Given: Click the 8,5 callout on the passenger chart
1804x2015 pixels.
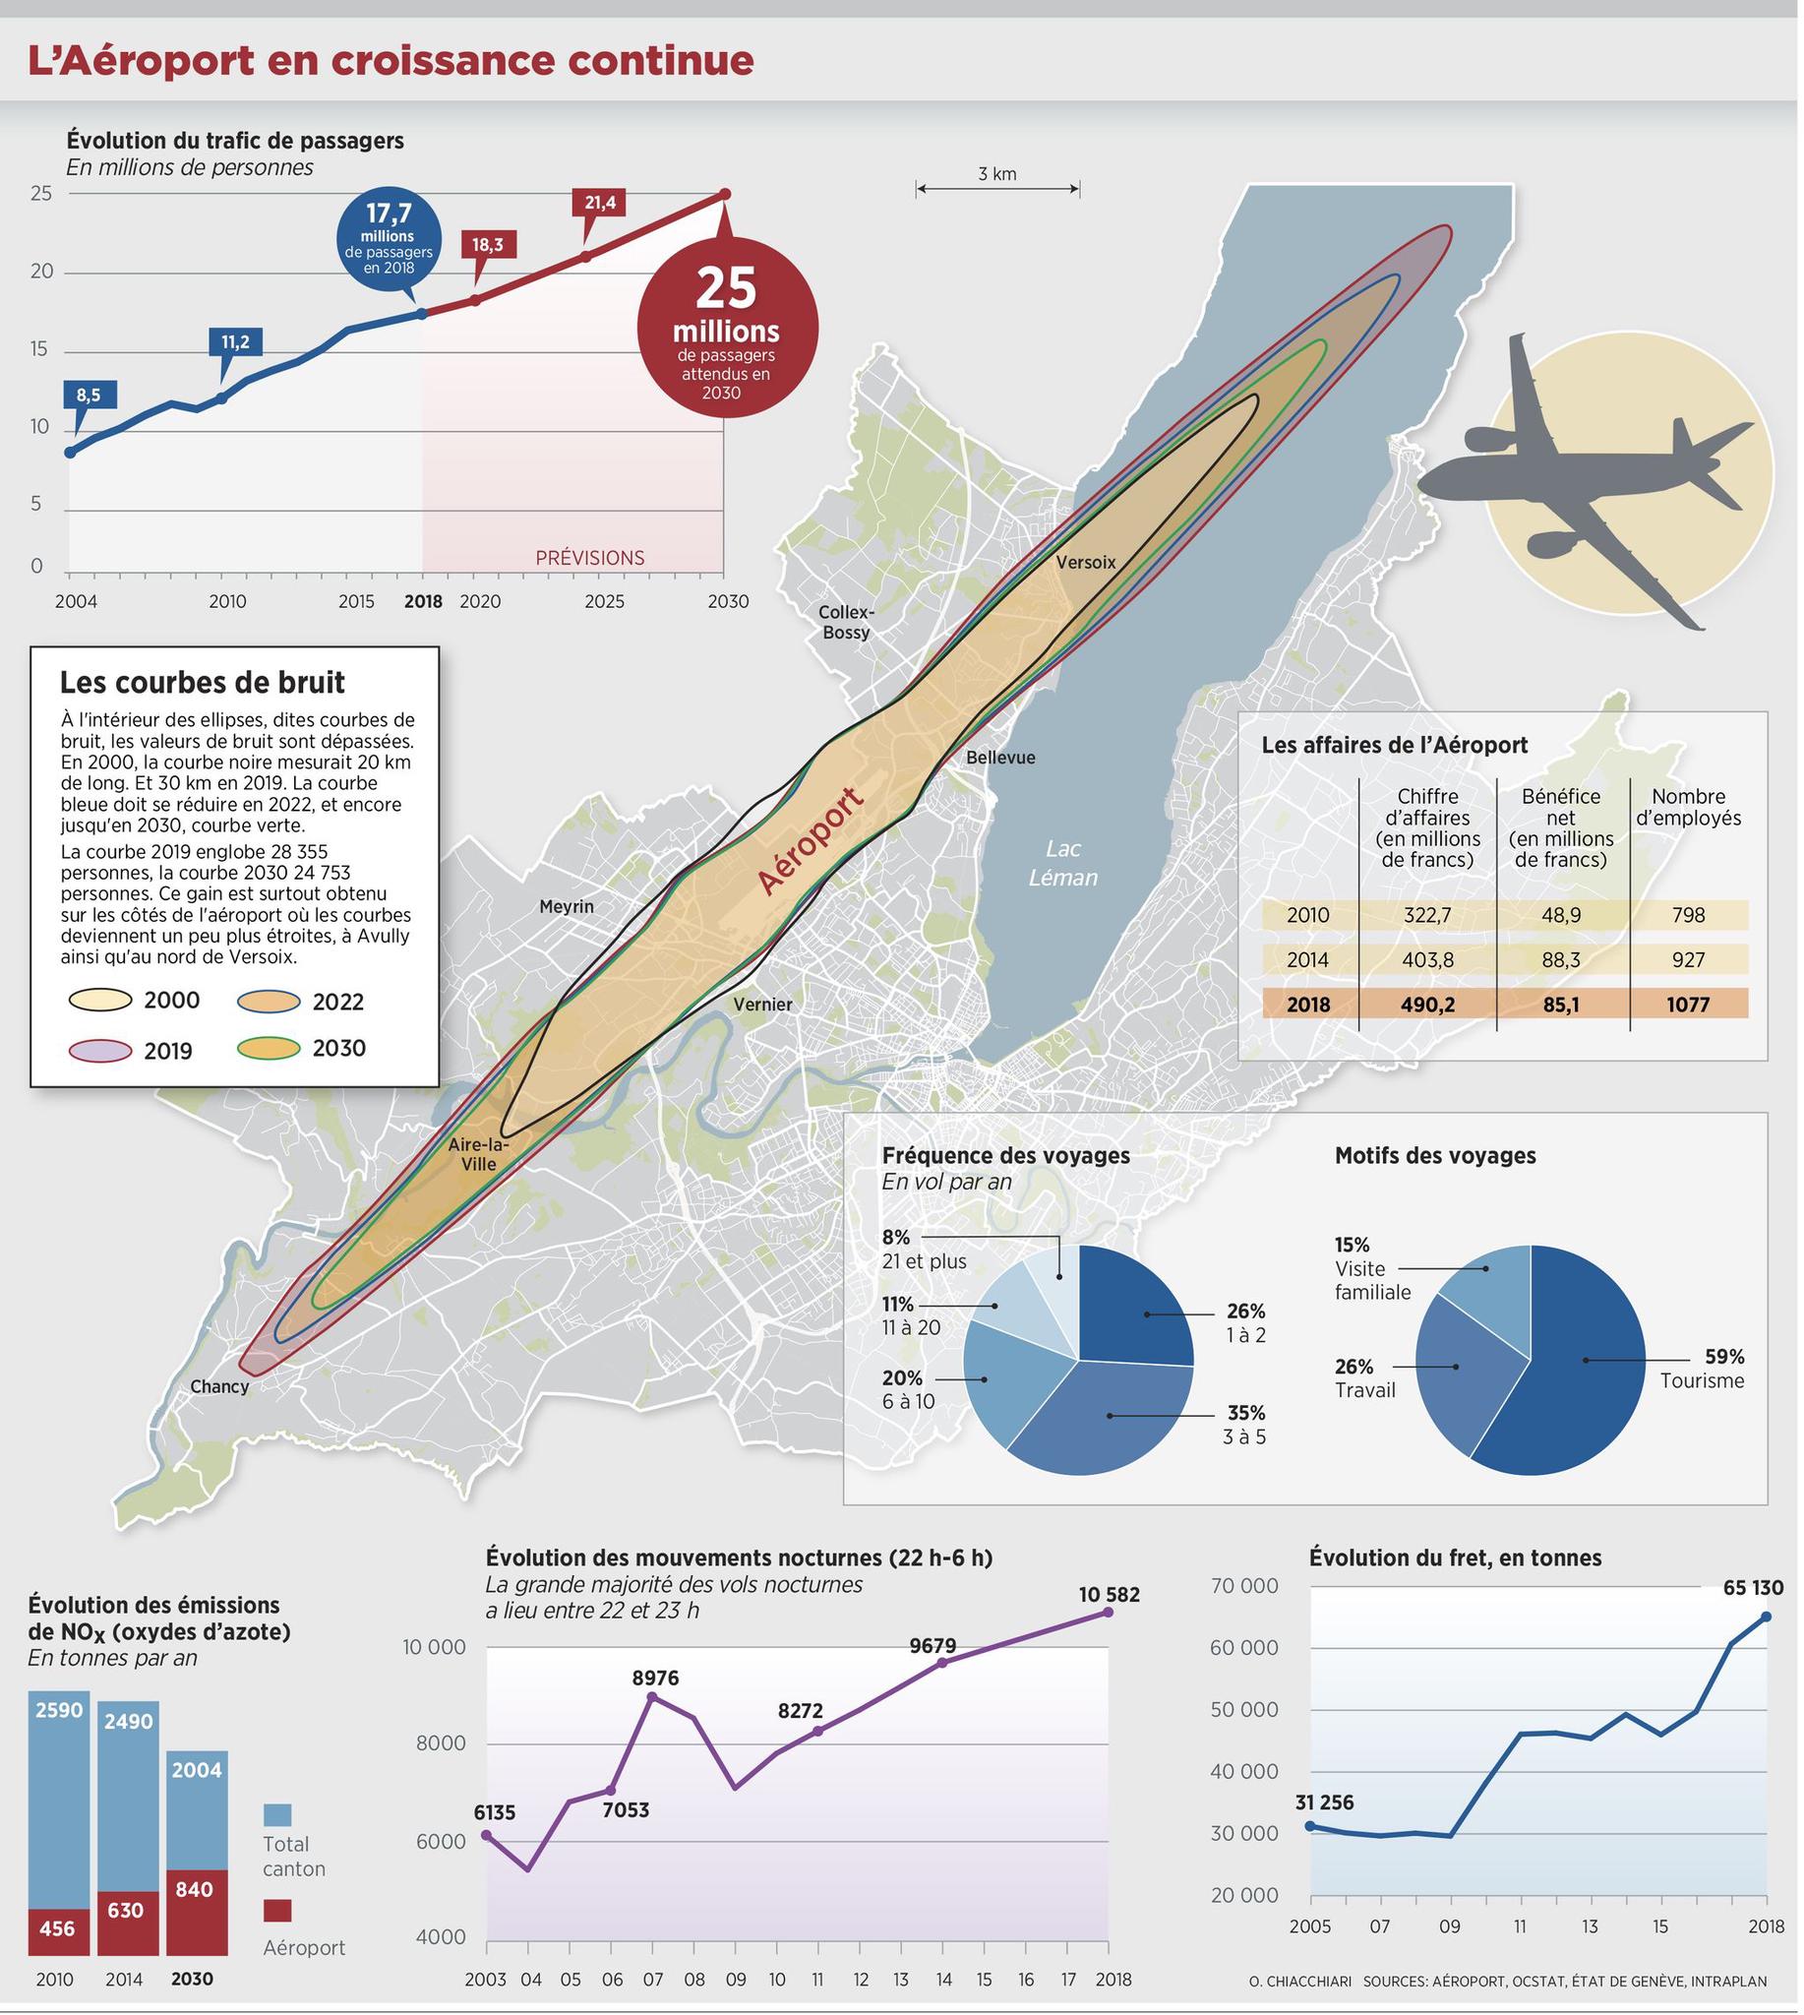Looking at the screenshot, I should point(89,395).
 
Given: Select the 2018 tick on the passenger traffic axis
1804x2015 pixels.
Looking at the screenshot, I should point(423,602).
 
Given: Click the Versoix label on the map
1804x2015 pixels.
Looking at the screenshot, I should point(1085,562).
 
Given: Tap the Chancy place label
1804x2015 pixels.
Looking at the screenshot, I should point(219,1386).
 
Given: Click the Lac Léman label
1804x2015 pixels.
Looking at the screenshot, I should point(1062,863).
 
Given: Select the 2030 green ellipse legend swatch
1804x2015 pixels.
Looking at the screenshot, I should point(269,1048).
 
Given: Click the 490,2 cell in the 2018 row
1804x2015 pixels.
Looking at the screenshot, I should point(1427,1005).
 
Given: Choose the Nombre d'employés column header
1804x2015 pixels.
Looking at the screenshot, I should point(1688,807).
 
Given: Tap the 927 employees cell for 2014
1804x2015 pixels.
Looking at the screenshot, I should point(1688,960).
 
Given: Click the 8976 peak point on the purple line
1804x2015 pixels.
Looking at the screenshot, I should point(652,1696).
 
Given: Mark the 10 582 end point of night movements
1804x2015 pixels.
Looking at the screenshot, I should point(1109,1613).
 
